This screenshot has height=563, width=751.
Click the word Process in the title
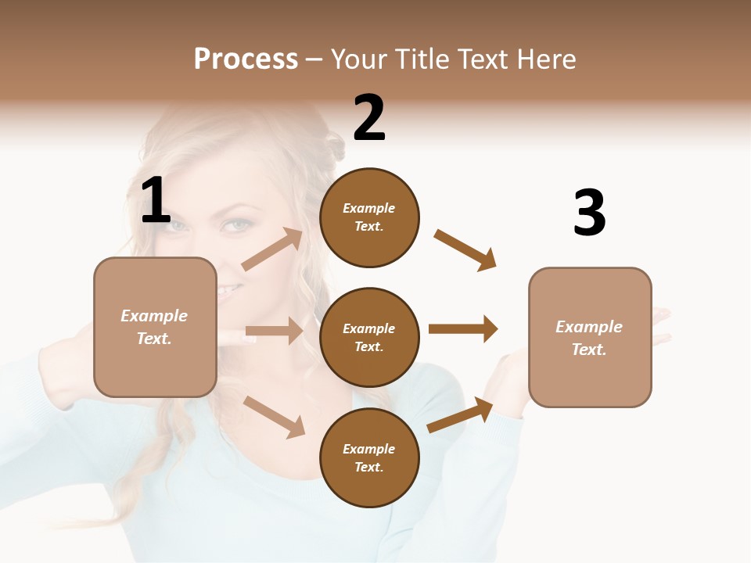click(x=246, y=59)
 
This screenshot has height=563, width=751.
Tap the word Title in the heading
click(x=423, y=59)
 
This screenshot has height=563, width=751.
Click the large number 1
click(x=156, y=202)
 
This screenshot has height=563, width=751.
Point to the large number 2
click(x=369, y=118)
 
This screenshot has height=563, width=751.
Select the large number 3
click(x=589, y=213)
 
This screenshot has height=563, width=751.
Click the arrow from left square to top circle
click(x=272, y=249)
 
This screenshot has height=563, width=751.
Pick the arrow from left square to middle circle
click(x=274, y=332)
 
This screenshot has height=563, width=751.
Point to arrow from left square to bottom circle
click(x=274, y=417)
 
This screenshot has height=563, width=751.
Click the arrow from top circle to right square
click(x=465, y=250)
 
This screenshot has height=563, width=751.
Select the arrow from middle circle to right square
click(x=463, y=328)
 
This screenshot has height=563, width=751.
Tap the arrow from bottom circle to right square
click(x=461, y=414)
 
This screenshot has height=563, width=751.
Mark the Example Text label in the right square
click(x=589, y=338)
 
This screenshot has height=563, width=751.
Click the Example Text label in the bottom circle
click(x=369, y=458)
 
